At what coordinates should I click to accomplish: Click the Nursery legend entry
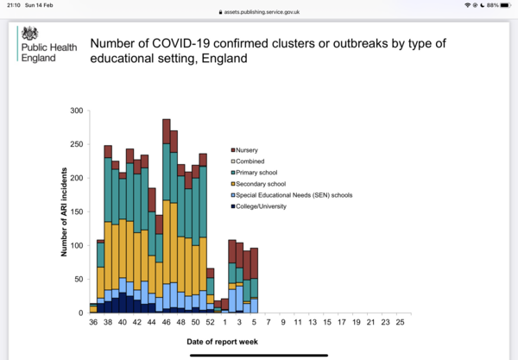(244, 150)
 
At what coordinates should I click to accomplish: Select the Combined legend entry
(248, 161)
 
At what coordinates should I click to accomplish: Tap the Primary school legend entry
(254, 173)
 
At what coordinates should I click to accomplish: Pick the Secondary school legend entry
(258, 184)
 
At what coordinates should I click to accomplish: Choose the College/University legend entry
(259, 206)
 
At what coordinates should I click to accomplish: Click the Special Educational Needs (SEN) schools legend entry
(292, 195)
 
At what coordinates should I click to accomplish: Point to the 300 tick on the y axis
(77, 111)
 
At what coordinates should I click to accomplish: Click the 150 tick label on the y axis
(77, 212)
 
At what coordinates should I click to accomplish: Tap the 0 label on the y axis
(80, 313)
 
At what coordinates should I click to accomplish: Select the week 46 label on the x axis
(166, 322)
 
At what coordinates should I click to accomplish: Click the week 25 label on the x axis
(400, 322)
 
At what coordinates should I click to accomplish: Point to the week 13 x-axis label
(313, 322)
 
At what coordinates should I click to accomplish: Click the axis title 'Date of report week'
(223, 342)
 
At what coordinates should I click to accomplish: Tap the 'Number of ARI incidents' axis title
(64, 212)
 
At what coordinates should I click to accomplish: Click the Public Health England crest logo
(29, 34)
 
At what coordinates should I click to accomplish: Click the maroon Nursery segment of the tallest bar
(166, 131)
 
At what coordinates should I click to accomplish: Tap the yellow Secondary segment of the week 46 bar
(166, 242)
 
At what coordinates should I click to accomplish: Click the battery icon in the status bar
(505, 5)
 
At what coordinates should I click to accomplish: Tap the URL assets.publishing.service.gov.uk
(262, 12)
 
